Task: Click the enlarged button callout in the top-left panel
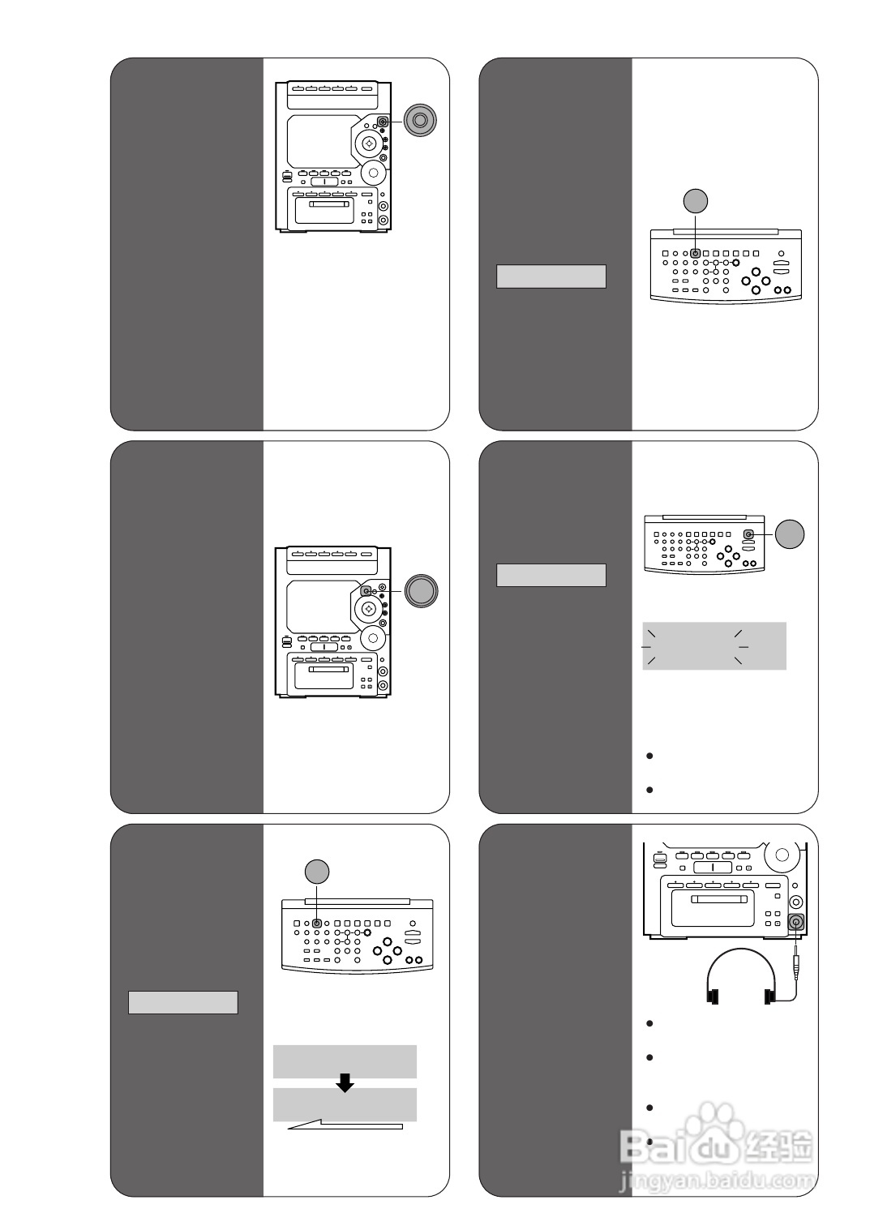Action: click(x=419, y=121)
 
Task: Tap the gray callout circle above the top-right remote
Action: click(x=695, y=200)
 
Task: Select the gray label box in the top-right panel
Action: click(x=551, y=276)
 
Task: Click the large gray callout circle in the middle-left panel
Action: click(x=421, y=590)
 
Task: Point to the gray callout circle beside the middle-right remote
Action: click(x=790, y=534)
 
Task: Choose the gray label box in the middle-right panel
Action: click(x=551, y=575)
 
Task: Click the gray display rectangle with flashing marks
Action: click(x=714, y=646)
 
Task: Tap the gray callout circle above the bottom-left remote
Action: click(x=316, y=871)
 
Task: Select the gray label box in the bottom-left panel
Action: click(x=183, y=1002)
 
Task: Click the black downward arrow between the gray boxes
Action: click(x=345, y=1082)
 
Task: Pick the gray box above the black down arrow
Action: click(x=345, y=1061)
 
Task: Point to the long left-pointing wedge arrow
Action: click(x=345, y=1125)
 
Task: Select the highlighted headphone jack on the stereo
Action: click(x=795, y=922)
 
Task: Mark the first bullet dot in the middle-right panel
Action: click(x=649, y=756)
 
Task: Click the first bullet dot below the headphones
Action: click(x=649, y=1023)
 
